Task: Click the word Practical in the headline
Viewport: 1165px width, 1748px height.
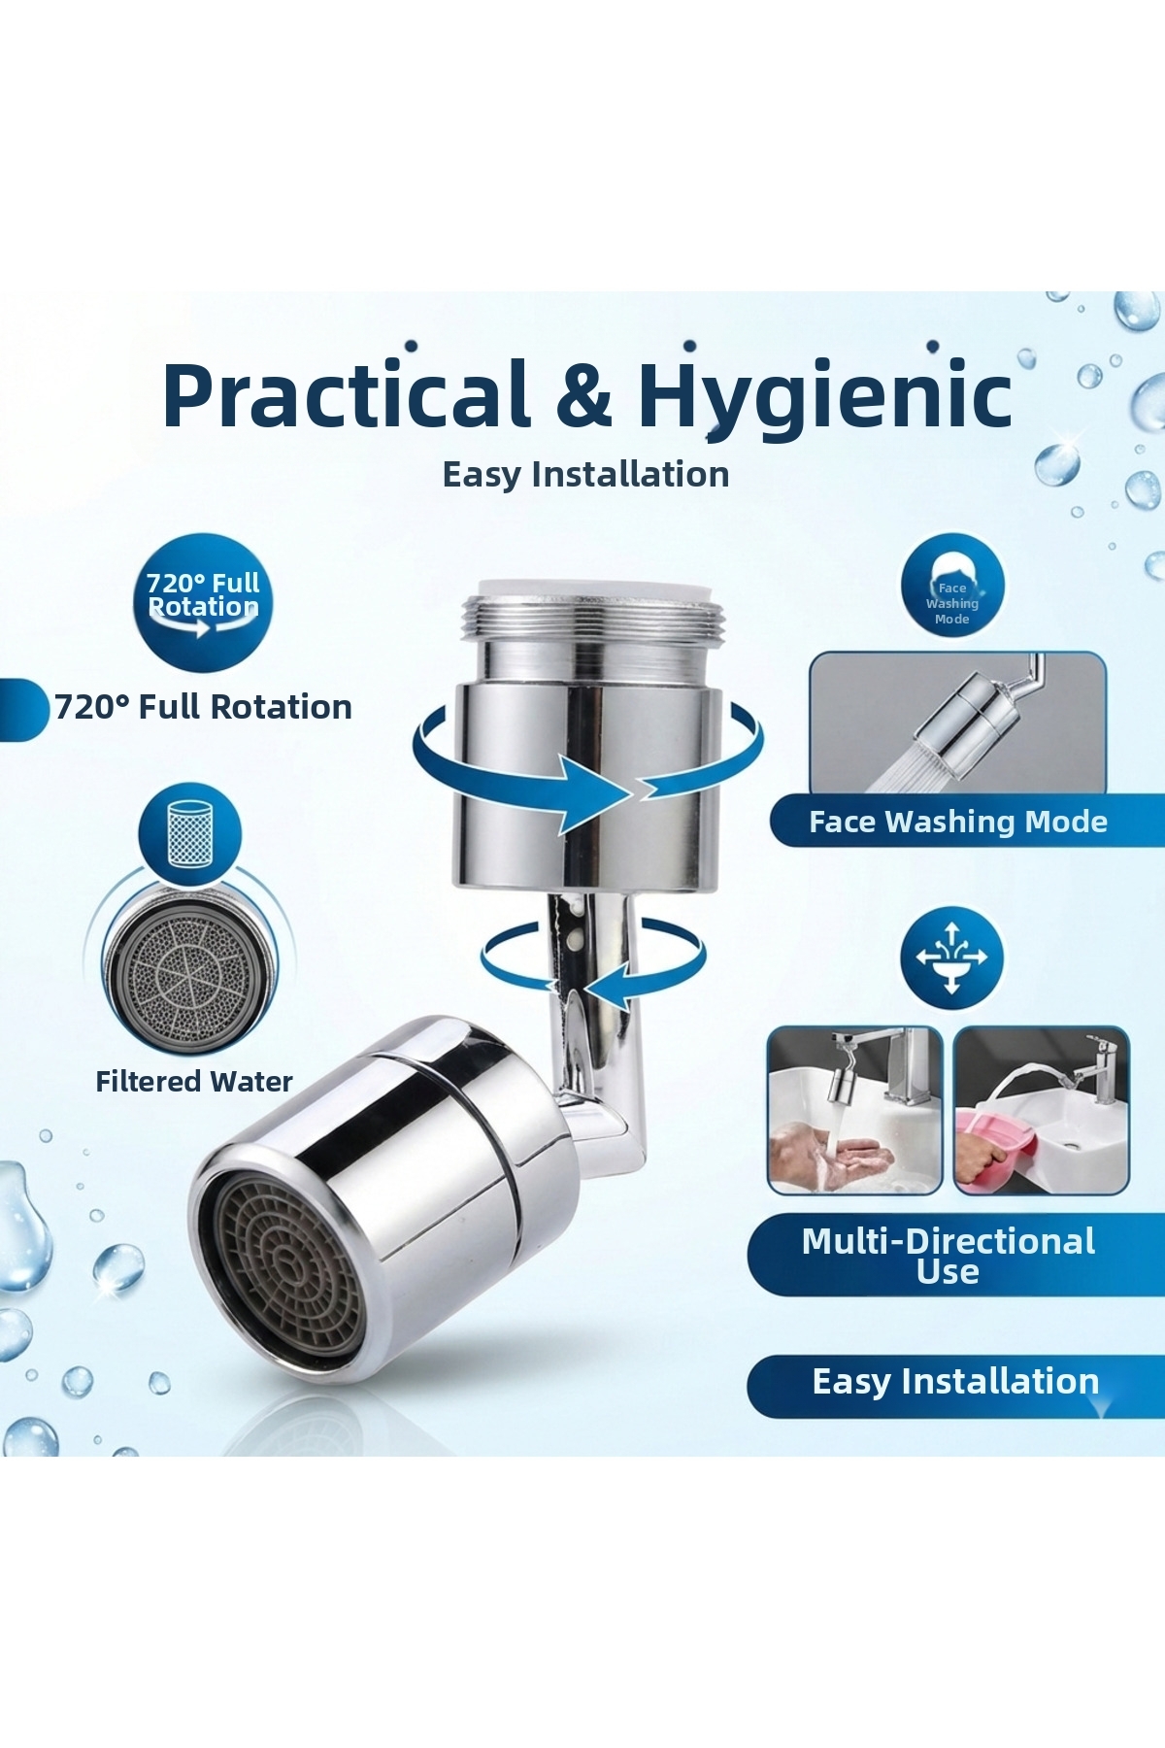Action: (x=346, y=395)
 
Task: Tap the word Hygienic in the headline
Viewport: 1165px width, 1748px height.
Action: (x=824, y=398)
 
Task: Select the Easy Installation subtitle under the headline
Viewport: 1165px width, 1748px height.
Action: (x=585, y=475)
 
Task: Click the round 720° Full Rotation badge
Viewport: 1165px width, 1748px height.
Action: (x=203, y=602)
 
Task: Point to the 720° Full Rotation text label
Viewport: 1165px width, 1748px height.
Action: (x=203, y=707)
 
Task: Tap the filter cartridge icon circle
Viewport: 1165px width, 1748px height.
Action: (x=189, y=831)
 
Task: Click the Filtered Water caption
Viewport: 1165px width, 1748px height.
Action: (x=194, y=1082)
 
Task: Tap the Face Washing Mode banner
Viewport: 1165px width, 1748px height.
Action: (x=967, y=822)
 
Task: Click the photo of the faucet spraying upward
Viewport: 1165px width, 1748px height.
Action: (x=957, y=723)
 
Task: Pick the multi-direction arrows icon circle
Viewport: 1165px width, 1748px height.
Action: (x=951, y=958)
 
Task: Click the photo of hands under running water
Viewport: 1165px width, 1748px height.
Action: (x=854, y=1110)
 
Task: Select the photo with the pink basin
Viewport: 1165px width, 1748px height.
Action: (x=1041, y=1110)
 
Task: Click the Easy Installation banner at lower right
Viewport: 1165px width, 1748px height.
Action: (x=956, y=1382)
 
